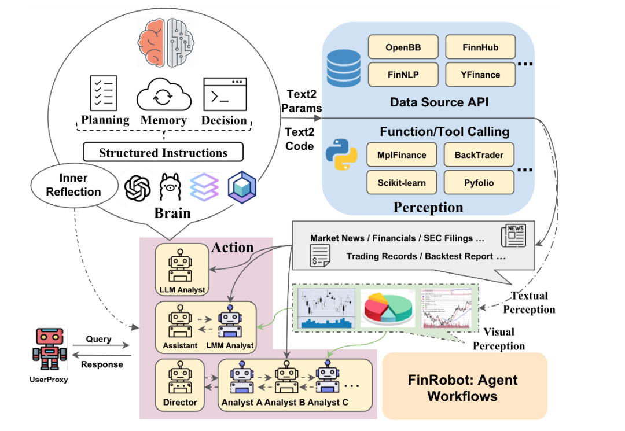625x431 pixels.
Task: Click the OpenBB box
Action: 402,47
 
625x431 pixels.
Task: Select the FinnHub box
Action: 480,47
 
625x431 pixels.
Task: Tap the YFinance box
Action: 480,75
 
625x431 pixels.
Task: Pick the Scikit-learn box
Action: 402,182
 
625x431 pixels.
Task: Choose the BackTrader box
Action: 479,154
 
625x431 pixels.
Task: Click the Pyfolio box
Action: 479,182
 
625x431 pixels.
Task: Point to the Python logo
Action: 341,153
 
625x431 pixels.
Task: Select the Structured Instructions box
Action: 163,153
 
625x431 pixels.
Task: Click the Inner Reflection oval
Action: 72,184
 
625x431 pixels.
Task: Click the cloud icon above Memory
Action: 164,95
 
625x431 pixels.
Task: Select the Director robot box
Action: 180,385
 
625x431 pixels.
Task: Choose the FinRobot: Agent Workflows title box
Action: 465,386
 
